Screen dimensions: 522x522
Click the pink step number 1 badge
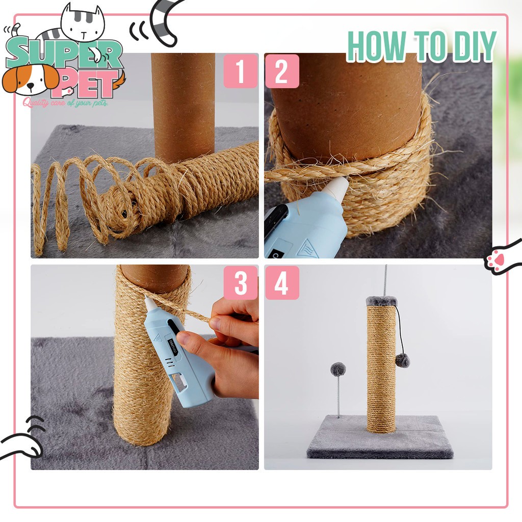[241, 71]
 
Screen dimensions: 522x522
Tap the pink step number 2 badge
[282, 71]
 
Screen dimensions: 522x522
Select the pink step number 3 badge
[241, 282]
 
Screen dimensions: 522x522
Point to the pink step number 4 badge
[282, 282]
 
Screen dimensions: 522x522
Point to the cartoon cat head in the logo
[83, 23]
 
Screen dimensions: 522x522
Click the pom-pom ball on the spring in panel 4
[338, 370]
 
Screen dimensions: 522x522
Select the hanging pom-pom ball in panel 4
[403, 360]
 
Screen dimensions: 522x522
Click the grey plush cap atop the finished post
[381, 302]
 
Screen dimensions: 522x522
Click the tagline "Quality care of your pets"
[65, 103]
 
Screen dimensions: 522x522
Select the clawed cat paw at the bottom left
[23, 439]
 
